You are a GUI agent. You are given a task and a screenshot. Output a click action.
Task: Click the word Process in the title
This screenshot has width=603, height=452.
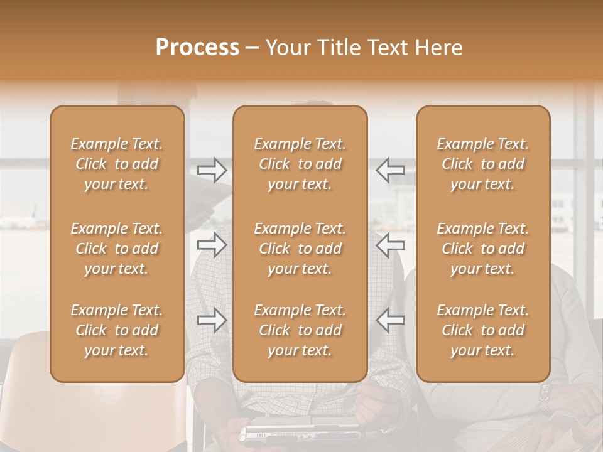coord(197,48)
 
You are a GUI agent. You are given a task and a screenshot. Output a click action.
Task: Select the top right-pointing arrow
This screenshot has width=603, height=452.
coord(212,170)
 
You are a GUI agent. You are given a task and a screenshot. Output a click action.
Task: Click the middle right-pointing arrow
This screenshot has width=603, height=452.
coord(212,245)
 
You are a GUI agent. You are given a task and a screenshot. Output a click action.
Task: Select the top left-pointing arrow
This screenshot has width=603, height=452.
coord(390,170)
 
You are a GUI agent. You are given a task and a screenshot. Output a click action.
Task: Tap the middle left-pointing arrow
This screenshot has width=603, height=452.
coord(390,245)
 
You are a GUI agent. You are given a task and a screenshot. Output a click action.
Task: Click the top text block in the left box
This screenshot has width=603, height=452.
coord(117,164)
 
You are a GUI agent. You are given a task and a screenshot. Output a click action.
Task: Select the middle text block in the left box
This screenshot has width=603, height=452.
coord(117,249)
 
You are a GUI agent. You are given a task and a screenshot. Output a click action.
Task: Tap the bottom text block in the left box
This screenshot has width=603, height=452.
coord(117,330)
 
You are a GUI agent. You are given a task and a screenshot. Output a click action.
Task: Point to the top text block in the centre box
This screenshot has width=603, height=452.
coord(300,164)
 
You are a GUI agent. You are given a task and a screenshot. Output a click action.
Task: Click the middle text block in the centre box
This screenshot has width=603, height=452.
coord(300,249)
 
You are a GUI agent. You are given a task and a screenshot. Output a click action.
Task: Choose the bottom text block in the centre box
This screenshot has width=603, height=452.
coord(300,330)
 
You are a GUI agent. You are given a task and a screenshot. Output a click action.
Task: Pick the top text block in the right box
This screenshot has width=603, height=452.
coord(483,164)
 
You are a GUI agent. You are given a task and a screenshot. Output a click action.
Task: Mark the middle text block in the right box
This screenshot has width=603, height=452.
coord(483,249)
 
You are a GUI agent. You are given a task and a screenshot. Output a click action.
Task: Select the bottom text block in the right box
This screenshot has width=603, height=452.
coord(483,330)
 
